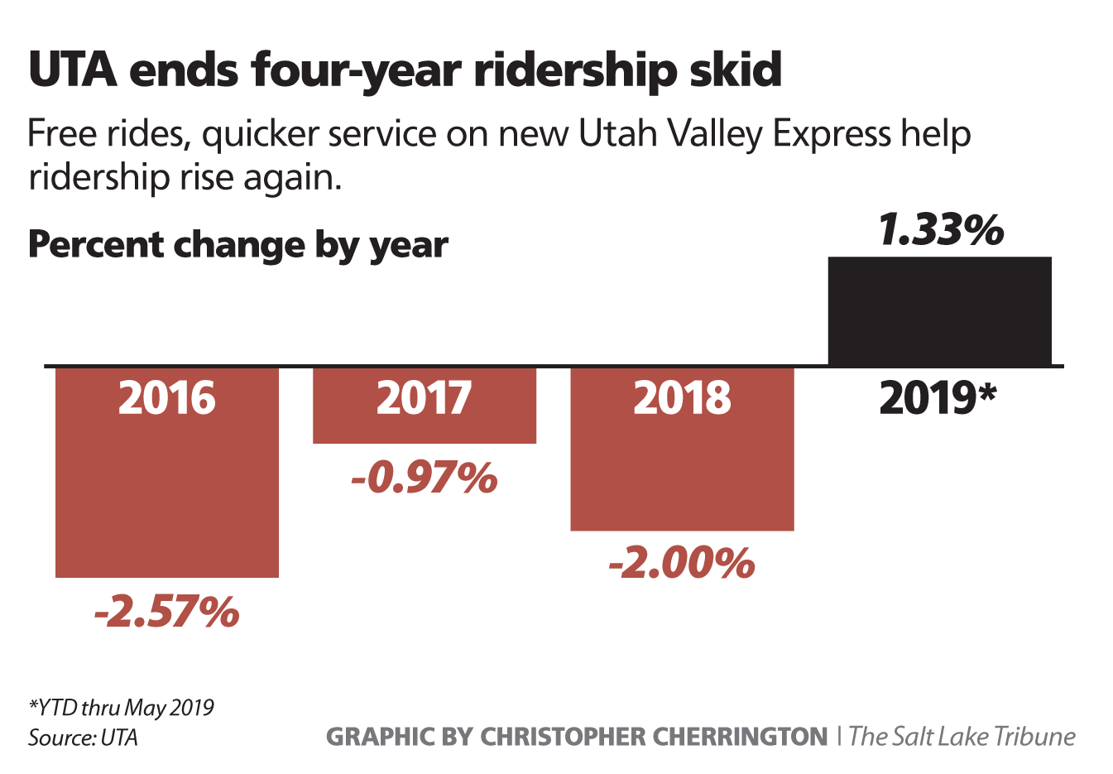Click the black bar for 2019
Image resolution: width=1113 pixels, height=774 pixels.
pos(939,310)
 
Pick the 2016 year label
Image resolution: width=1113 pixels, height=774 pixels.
pos(166,398)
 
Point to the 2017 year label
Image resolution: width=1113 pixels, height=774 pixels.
pos(424,398)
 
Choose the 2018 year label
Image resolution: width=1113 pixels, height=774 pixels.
pos(682,398)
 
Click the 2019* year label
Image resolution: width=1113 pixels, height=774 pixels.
pos(938,398)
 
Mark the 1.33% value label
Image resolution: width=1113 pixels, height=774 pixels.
pos(941,230)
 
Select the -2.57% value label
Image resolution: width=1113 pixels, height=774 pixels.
pos(166,612)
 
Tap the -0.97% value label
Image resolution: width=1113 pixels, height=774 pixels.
pos(424,478)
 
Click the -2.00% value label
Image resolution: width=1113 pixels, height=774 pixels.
pos(682,564)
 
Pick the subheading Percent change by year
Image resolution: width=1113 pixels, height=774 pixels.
pos(238,245)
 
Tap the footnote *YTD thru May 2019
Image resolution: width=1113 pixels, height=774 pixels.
pos(121,708)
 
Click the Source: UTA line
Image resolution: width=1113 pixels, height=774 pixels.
pos(83,737)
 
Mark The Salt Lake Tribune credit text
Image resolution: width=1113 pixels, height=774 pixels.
pos(962,736)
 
